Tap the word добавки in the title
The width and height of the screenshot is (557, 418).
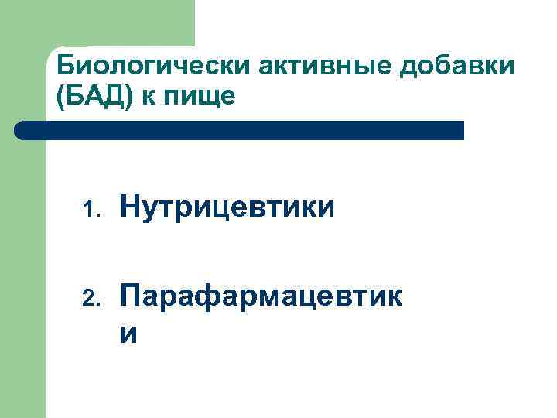pyautogui.click(x=456, y=67)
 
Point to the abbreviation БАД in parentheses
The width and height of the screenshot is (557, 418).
pyautogui.click(x=90, y=98)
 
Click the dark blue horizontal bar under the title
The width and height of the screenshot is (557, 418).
pyautogui.click(x=240, y=130)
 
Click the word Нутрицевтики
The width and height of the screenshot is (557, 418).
pyautogui.click(x=228, y=207)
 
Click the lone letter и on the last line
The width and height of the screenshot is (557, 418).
pyautogui.click(x=130, y=333)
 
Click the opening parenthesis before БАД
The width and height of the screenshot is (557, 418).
pyautogui.click(x=61, y=98)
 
